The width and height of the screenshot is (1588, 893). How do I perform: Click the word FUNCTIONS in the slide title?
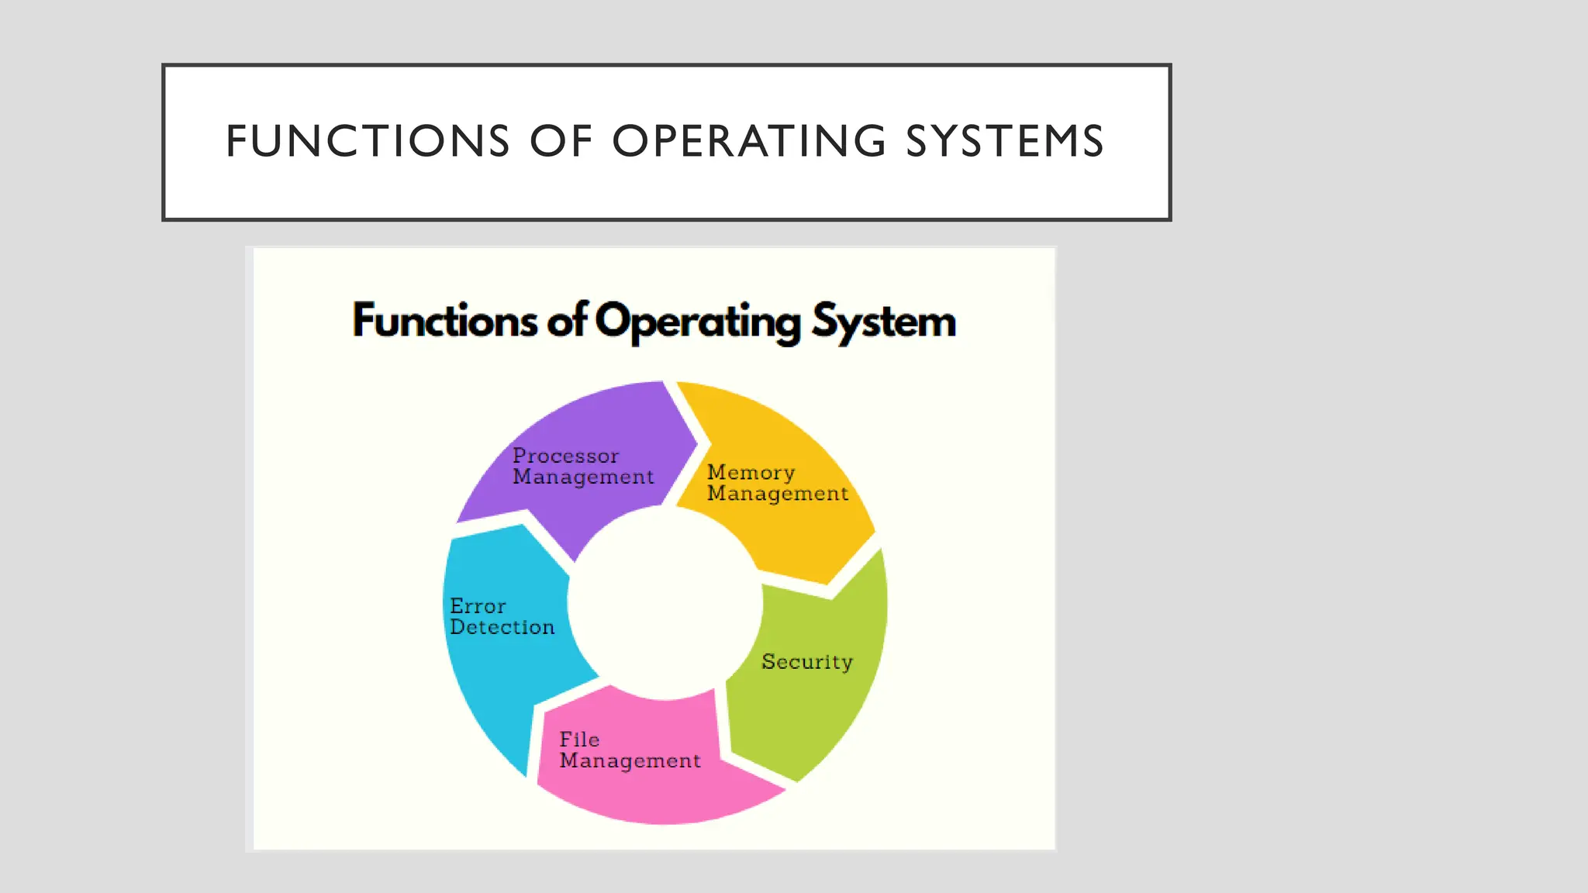click(368, 141)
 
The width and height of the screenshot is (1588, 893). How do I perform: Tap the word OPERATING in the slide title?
click(749, 141)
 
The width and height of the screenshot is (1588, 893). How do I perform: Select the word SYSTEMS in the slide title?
click(1005, 141)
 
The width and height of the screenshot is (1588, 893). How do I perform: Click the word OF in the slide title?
click(561, 141)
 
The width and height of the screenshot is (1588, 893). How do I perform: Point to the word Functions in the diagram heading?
click(444, 320)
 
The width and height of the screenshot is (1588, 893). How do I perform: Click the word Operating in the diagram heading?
click(698, 322)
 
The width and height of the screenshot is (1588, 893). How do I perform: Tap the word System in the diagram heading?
click(884, 322)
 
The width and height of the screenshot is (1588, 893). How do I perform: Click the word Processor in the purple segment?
click(566, 456)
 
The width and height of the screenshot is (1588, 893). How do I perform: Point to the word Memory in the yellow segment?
click(751, 472)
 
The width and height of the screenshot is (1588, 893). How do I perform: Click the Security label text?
click(806, 661)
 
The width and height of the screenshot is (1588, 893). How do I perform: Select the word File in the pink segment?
click(579, 740)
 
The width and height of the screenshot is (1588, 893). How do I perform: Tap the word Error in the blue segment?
click(478, 606)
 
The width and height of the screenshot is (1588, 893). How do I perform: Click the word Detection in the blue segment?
click(502, 627)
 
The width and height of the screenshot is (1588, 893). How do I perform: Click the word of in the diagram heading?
click(566, 320)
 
